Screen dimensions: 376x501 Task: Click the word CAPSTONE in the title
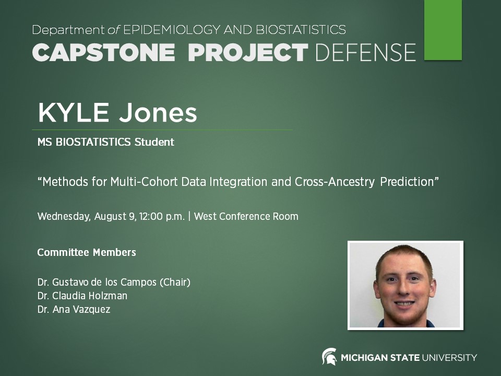(103, 53)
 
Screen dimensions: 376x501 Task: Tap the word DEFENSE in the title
(366, 53)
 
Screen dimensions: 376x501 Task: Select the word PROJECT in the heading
(248, 53)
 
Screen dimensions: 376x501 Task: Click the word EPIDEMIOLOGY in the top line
(177, 30)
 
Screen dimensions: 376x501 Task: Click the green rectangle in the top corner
(443, 30)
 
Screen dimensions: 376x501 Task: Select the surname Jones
(162, 112)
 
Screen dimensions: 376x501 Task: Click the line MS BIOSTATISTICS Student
(105, 142)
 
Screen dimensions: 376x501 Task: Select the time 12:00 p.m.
(162, 217)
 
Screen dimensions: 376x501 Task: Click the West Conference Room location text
(246, 217)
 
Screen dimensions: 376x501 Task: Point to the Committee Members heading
(87, 253)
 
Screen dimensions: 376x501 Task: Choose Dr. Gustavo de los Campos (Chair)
(114, 283)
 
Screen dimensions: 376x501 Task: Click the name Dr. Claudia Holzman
(82, 296)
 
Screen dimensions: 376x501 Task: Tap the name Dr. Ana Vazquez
(74, 310)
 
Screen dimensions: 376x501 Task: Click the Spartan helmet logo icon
(329, 357)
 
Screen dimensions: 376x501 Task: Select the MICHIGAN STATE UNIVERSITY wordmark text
(409, 358)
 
